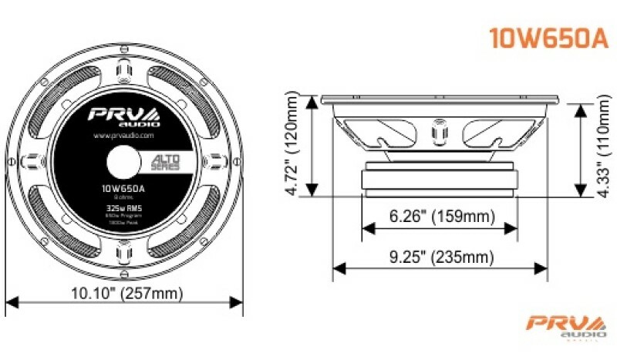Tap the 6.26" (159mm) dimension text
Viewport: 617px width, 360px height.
click(x=440, y=217)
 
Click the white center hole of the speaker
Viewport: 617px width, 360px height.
click(x=123, y=161)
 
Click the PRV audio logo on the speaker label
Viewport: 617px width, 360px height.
click(x=123, y=115)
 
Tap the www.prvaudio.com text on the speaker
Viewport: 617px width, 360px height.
click(x=123, y=135)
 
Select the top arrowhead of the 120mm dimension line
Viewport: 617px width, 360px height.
click(x=311, y=101)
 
